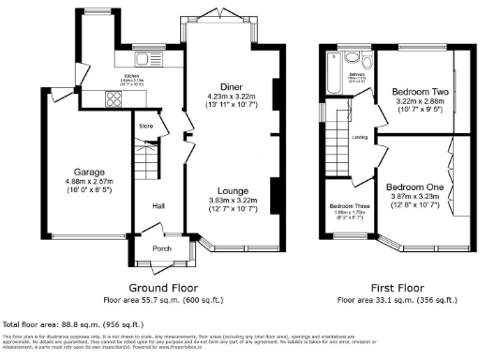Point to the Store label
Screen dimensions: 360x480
click(146, 125)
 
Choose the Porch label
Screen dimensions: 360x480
click(161, 248)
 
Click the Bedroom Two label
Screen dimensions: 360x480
click(414, 92)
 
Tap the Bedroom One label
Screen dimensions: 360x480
click(414, 187)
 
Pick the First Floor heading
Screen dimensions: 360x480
click(397, 290)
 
